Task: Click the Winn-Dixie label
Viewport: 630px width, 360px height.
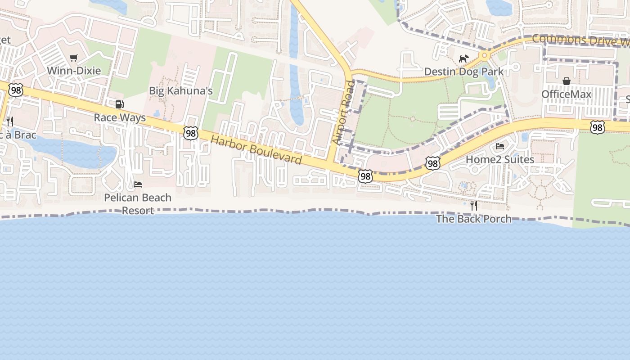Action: coord(74,71)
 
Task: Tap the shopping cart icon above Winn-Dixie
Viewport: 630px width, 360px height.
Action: coord(74,58)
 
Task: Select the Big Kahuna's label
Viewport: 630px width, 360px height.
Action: coord(180,91)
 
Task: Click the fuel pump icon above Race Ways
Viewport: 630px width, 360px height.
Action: coord(119,104)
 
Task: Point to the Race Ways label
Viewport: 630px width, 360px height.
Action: coord(120,118)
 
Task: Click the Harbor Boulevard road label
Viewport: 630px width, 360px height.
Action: coord(256,150)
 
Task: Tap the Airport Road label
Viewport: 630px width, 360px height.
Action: coord(344,112)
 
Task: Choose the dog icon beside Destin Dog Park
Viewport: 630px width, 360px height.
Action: coord(463,58)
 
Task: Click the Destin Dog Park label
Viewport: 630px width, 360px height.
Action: coord(464,72)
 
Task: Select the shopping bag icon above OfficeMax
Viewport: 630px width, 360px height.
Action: coord(566,81)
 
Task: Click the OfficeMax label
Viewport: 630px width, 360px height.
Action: coord(566,94)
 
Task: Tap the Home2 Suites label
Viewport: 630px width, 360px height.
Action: coord(500,159)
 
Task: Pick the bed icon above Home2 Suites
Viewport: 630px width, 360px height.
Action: coord(500,146)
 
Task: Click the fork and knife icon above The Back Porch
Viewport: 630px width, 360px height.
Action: coord(473,206)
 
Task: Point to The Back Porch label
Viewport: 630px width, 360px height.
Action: coord(474,219)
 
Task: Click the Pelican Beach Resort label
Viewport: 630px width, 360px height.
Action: coord(138,204)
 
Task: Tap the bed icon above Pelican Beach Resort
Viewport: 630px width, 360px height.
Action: coord(138,184)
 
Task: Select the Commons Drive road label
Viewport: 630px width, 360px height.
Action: coord(580,40)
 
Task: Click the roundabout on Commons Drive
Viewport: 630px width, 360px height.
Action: coord(484,56)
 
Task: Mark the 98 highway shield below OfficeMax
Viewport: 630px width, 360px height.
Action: coord(597,127)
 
